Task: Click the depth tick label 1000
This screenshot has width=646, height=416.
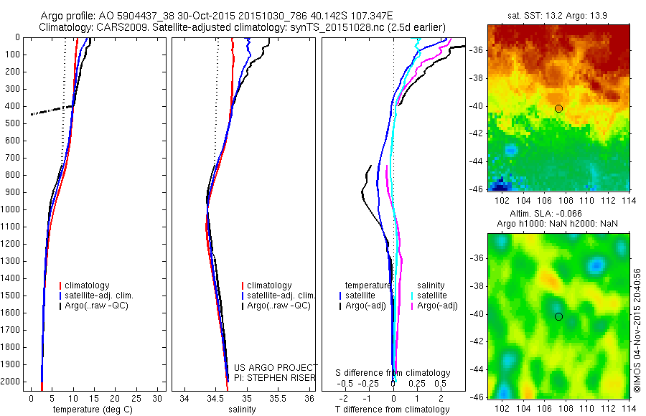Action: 10,209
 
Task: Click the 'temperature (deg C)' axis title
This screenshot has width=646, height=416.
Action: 91,410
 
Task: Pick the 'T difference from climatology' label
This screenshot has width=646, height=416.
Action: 393,410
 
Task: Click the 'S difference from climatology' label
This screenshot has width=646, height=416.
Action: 393,373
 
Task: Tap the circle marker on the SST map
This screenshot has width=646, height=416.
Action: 558,108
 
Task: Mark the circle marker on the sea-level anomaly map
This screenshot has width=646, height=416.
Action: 558,316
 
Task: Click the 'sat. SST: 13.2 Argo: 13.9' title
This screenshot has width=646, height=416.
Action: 558,16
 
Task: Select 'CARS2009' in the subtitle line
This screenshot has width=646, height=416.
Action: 116,27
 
